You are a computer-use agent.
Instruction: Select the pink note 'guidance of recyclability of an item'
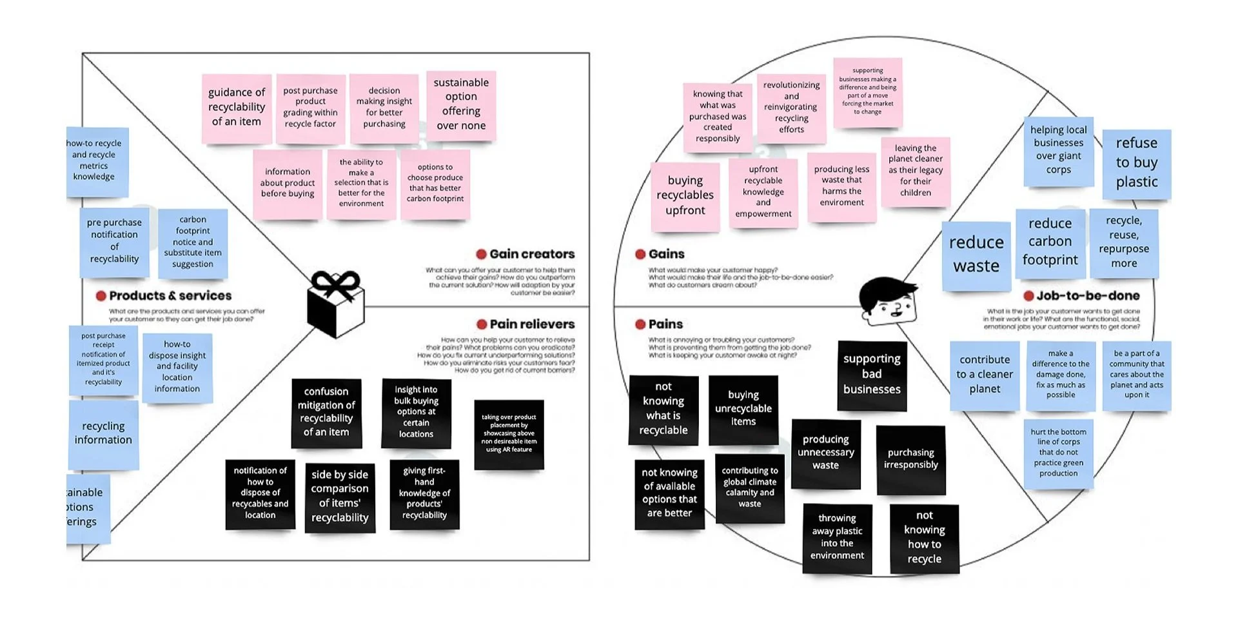237,108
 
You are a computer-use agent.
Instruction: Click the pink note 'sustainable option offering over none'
461,104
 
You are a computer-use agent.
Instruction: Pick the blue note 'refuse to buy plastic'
1136,163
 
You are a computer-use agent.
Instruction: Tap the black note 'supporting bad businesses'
872,375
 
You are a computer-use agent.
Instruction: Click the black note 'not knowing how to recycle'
924,538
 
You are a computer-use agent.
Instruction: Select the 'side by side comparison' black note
340,497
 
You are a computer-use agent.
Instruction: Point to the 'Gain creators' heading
532,254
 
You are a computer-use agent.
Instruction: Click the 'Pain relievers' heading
532,324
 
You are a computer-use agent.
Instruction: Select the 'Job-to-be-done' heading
1088,296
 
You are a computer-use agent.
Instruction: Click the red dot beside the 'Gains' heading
640,254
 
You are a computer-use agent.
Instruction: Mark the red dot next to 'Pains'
640,324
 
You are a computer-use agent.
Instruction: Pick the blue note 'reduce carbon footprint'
1050,243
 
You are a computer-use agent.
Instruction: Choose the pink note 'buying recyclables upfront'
685,196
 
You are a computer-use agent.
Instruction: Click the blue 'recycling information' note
103,433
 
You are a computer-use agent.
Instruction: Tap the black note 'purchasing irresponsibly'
910,459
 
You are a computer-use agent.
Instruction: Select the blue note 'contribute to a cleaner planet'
985,375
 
